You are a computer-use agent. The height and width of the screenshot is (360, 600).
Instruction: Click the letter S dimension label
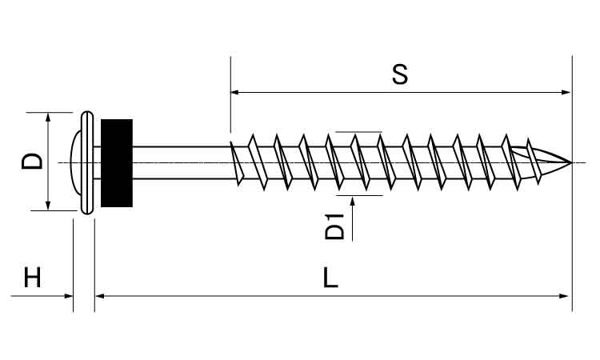coord(400,74)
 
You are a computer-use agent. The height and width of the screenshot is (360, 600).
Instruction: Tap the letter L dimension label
coord(330,278)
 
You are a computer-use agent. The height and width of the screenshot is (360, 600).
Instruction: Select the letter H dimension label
coord(32,278)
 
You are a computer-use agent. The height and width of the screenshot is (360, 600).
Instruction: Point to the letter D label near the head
coord(32,161)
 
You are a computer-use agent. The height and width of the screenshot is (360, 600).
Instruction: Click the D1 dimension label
coord(335,226)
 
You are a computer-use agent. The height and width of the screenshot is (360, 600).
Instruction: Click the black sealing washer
coord(117,163)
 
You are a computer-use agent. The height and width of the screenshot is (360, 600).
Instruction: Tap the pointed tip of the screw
coord(572,162)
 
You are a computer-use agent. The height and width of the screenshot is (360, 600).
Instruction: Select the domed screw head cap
coord(76,162)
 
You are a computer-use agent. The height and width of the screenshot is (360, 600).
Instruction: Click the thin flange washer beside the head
coord(87,162)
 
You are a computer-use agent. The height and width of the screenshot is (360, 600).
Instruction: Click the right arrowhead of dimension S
coord(566,92)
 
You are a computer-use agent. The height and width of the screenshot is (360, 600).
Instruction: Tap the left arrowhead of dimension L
coord(99,296)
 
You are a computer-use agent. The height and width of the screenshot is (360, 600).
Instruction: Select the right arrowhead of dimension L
coord(564,296)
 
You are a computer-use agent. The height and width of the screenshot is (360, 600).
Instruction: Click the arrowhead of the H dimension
coord(69,296)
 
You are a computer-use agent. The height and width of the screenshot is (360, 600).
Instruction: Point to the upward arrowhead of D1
coord(352,201)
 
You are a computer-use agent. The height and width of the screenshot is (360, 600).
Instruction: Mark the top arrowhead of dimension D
coord(48,117)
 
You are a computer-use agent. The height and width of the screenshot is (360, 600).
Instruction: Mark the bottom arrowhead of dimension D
coord(48,206)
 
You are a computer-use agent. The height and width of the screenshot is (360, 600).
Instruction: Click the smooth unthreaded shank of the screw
coord(181,162)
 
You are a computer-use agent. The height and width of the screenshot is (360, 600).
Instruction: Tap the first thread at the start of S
coord(237,163)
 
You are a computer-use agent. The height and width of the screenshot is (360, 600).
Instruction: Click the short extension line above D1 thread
coord(358,132)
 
